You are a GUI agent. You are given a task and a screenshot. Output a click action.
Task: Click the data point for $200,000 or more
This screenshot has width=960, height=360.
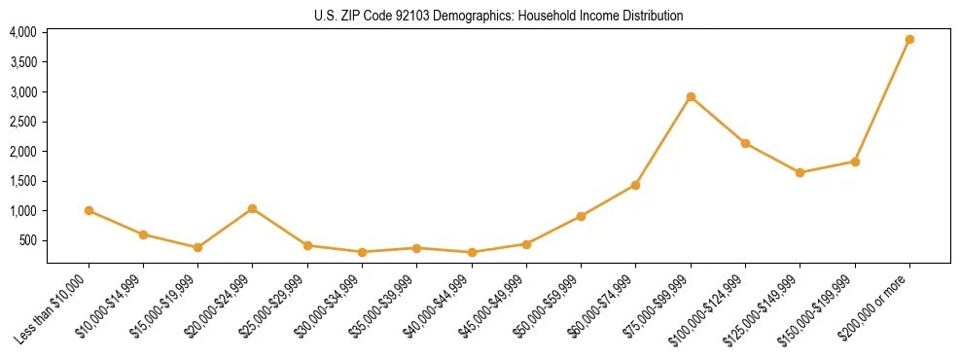(x=909, y=40)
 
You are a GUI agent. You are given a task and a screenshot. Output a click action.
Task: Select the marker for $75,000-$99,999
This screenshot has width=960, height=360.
(x=691, y=96)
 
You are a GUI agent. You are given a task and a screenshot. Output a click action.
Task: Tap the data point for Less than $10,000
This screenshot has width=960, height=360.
(x=89, y=210)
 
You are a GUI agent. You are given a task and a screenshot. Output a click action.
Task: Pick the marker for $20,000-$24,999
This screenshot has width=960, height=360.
(x=253, y=208)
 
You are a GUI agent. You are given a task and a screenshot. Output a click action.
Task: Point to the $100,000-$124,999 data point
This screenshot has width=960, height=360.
(x=745, y=143)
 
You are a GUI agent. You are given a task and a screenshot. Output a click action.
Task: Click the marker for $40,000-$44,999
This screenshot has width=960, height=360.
(x=472, y=252)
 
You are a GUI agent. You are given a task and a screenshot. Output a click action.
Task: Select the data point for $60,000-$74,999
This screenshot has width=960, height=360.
(x=636, y=185)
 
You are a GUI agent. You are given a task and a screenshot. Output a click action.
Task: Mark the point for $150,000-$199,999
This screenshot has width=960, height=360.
(x=855, y=162)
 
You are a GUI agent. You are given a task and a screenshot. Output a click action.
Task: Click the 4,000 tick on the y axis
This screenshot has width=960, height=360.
(x=23, y=32)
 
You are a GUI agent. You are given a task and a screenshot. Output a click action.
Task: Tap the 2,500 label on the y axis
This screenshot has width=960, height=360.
(x=23, y=122)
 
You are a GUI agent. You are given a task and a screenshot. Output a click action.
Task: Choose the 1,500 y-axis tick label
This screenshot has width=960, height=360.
(x=23, y=181)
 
